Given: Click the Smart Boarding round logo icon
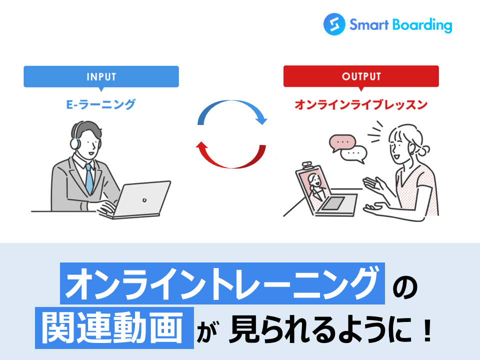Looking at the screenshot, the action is [334, 24].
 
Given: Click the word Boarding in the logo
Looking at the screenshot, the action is [422, 25].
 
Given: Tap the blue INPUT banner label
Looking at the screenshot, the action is [101, 76].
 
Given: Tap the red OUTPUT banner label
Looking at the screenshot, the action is [361, 76].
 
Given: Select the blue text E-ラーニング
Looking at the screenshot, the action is [100, 104].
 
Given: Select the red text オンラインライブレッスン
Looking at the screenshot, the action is [361, 104].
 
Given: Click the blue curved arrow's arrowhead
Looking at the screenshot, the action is [261, 119].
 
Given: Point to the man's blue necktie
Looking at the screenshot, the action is [89, 179].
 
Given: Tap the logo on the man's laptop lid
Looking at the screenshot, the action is [144, 200].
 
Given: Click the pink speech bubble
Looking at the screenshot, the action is [342, 143].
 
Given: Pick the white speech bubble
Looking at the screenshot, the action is [354, 154].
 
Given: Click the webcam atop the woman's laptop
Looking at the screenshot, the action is [307, 165].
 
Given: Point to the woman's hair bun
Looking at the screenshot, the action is [424, 150].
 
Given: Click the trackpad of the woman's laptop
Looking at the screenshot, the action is [333, 203].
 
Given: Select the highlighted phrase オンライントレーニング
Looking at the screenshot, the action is [222, 283].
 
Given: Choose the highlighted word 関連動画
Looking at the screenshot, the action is [114, 328].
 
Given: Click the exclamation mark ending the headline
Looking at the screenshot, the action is [426, 330].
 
